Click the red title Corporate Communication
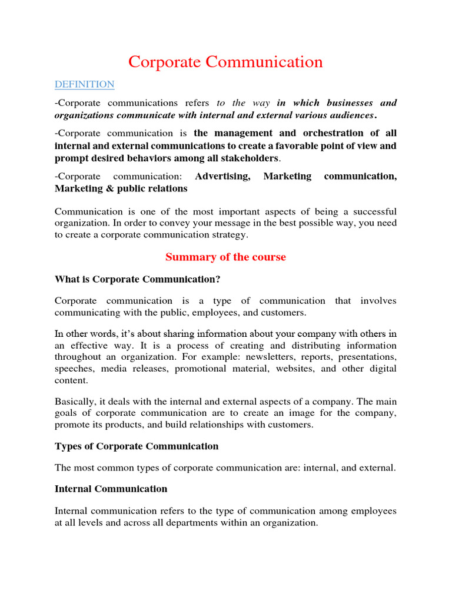click(225, 62)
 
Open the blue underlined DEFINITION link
click(84, 84)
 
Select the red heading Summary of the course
click(225, 257)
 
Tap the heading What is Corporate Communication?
click(137, 279)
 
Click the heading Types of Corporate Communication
click(136, 446)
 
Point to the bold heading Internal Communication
click(111, 489)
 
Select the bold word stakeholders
click(248, 158)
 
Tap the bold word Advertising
click(222, 176)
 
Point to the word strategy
click(231, 234)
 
